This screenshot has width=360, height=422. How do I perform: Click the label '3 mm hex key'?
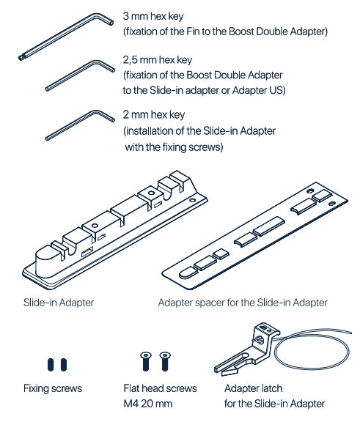(x=153, y=16)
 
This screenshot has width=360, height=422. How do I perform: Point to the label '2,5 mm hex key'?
(x=157, y=60)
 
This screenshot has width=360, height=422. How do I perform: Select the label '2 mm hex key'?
(x=154, y=114)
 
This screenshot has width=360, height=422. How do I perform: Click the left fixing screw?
(x=51, y=365)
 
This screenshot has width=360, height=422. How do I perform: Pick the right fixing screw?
(x=64, y=365)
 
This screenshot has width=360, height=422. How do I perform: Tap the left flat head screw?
(x=146, y=361)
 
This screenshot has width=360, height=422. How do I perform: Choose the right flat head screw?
(x=165, y=361)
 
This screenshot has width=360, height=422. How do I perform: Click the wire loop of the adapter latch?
(x=312, y=334)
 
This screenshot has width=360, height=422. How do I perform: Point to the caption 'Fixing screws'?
(x=53, y=388)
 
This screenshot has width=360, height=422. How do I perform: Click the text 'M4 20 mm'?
(x=147, y=404)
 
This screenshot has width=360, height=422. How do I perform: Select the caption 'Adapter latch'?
(x=254, y=388)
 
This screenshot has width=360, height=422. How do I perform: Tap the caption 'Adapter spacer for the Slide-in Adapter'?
(x=243, y=303)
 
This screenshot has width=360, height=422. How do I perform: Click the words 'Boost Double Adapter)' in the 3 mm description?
(x=278, y=32)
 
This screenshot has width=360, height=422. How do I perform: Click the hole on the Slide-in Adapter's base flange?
(x=193, y=201)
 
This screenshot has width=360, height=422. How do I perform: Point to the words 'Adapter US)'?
(x=259, y=90)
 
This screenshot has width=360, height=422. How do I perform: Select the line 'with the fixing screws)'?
(x=174, y=147)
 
